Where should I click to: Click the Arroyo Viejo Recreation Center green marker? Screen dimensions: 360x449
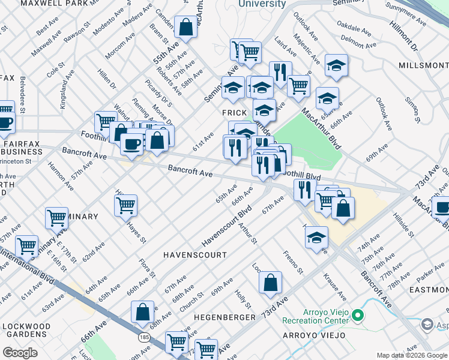point(358,314)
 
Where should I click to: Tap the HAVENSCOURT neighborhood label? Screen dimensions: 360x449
point(196,255)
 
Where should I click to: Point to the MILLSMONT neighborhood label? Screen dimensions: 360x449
point(423,64)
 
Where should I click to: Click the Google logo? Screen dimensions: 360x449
point(20,352)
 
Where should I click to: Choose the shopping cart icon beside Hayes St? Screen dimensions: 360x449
point(125,205)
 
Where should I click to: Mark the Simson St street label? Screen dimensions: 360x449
point(413,108)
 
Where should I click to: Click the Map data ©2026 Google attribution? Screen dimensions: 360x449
point(411,355)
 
